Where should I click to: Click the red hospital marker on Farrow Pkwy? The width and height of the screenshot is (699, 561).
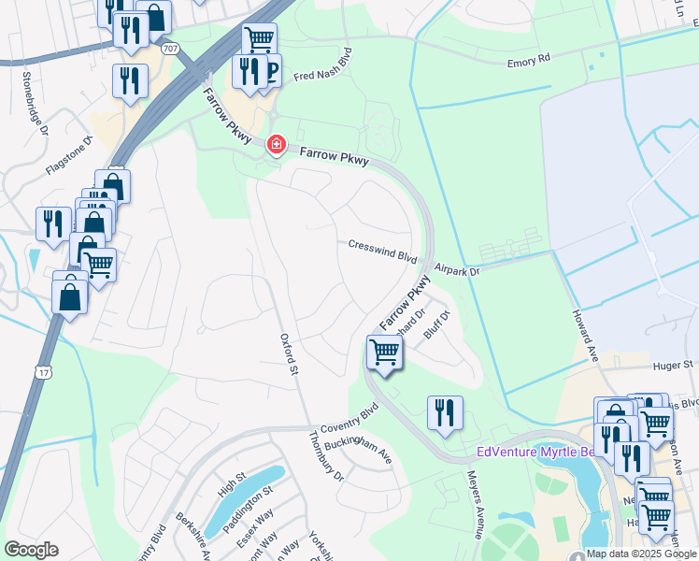276,145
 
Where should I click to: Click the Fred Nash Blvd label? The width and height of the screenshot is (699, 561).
324,65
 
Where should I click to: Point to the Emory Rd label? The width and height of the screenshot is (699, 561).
530,62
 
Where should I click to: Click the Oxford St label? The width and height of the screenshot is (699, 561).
289,355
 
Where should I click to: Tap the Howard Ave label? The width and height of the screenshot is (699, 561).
586,336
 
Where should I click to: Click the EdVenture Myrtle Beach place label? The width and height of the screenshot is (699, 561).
542,453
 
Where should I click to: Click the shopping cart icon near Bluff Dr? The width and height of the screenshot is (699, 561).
384,352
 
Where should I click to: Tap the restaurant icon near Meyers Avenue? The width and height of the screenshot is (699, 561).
445,412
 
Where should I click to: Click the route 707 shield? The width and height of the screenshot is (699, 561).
169,48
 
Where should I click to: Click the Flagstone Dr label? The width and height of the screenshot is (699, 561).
71,155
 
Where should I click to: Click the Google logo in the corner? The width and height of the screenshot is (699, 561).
31,550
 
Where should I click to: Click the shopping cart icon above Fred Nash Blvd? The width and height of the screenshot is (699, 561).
259,39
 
